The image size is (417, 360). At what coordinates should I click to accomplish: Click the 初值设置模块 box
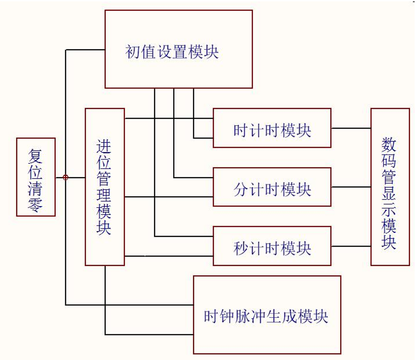[x=178, y=49]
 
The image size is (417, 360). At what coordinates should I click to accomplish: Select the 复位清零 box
[x=36, y=177]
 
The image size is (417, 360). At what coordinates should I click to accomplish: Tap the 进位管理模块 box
[x=105, y=187]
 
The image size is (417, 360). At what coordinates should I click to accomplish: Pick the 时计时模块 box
[x=272, y=128]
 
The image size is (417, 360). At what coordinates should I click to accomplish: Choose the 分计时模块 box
[x=272, y=187]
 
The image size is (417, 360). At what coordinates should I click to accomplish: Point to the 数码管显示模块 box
[x=390, y=187]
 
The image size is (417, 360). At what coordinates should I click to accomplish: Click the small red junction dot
[x=66, y=177]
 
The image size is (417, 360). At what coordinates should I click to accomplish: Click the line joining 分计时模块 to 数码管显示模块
[x=351, y=187]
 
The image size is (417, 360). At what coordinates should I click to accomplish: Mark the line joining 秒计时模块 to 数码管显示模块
[x=351, y=246]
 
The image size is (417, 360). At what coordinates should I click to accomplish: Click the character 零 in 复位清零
[x=35, y=205]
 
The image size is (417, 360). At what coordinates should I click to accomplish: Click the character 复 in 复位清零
[x=35, y=152]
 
